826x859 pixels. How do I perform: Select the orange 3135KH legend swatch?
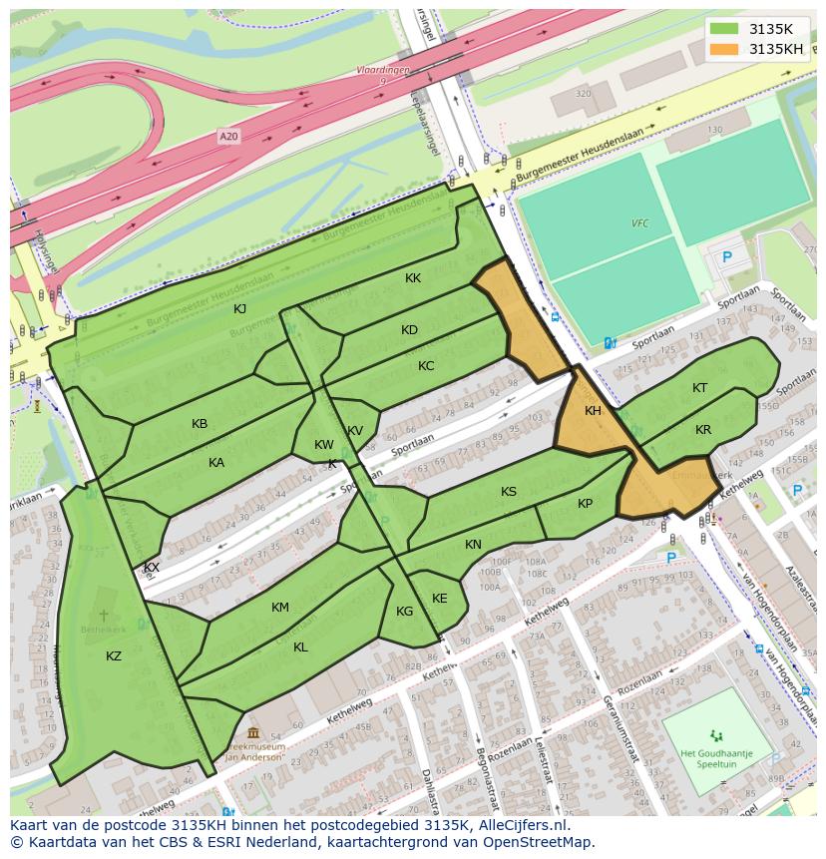point(725,49)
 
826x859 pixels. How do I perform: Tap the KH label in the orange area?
point(593,411)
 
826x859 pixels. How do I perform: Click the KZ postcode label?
point(114,655)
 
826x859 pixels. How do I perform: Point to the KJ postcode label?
point(239,308)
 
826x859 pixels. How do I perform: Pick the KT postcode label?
point(700,388)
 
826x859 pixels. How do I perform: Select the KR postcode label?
point(703,429)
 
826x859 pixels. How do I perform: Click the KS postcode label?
point(509,491)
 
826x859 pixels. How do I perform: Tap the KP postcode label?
point(585,503)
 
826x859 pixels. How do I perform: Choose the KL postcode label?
point(300,646)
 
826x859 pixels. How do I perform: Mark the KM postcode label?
point(280,607)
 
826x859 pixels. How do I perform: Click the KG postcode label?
point(404,612)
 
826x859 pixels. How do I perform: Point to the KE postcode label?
point(439,598)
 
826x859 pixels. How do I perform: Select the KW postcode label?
point(324,445)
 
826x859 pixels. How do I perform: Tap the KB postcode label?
point(200,423)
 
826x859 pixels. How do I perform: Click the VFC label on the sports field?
point(639,223)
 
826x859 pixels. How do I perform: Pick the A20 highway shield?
point(229,137)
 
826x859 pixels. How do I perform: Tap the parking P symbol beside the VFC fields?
point(726,256)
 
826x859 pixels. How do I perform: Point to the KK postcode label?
point(413,278)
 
